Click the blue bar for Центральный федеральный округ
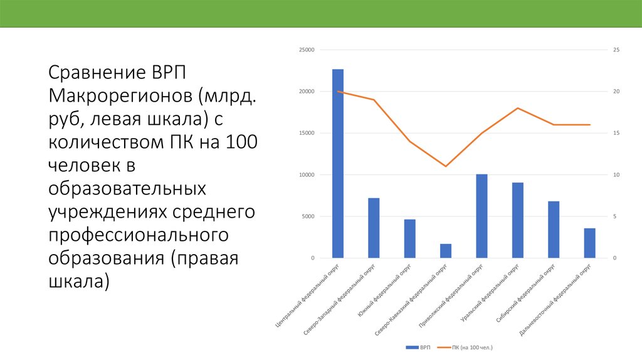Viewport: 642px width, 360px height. [338, 164]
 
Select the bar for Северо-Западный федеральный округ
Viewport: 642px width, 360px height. [374, 228]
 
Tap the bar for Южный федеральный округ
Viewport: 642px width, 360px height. [409, 239]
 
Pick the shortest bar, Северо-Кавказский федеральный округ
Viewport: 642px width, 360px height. [446, 251]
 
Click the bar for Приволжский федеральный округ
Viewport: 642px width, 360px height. [481, 216]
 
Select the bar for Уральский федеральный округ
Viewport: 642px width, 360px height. [517, 220]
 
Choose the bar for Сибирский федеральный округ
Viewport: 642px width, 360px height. [554, 230]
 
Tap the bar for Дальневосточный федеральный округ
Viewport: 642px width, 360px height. [589, 243]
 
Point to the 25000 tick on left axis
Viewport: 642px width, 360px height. [306, 50]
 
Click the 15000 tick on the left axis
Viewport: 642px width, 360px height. [306, 134]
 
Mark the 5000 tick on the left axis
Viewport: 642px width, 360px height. [307, 217]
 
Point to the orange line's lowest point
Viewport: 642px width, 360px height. [446, 166]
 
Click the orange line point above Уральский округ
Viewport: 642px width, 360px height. [517, 108]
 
